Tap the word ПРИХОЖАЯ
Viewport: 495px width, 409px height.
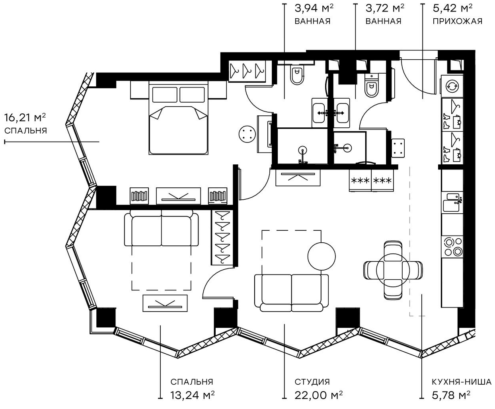457,21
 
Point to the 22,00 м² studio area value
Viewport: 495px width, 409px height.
319,395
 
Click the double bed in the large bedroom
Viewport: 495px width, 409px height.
178,119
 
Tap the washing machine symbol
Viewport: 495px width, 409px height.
452,86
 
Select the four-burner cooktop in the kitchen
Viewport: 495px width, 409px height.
453,246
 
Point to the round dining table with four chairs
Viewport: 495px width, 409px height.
393,269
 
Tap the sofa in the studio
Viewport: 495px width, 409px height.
292,292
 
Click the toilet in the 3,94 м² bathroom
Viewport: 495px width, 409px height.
296,76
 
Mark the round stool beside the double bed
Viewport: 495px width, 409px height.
246,134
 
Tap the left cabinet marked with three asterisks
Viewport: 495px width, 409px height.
360,181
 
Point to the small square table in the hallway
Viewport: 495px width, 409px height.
398,148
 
